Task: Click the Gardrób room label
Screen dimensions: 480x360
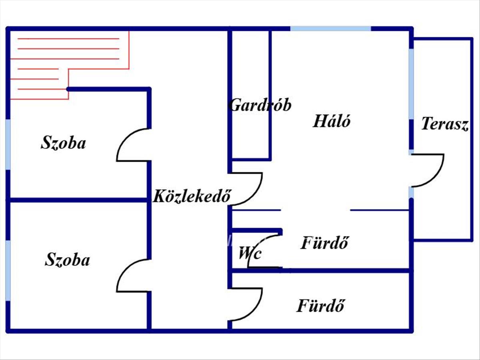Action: [x=260, y=105]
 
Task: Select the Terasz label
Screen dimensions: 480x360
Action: [x=445, y=124]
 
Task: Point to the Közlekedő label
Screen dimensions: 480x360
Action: [x=192, y=196]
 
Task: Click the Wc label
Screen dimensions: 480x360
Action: [x=250, y=253]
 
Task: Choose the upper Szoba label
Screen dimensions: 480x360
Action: [x=63, y=143]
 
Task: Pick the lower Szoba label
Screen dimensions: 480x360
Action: [x=67, y=260]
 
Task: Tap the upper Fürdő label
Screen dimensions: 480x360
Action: [x=324, y=243]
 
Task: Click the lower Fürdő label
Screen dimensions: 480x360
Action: [x=320, y=305]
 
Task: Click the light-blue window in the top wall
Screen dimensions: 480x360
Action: [x=331, y=29]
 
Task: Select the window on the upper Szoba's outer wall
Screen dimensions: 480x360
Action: [x=8, y=144]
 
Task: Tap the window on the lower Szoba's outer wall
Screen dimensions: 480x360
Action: [x=8, y=270]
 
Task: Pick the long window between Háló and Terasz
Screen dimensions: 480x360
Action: [x=411, y=84]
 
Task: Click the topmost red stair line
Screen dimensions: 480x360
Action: [x=68, y=39]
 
